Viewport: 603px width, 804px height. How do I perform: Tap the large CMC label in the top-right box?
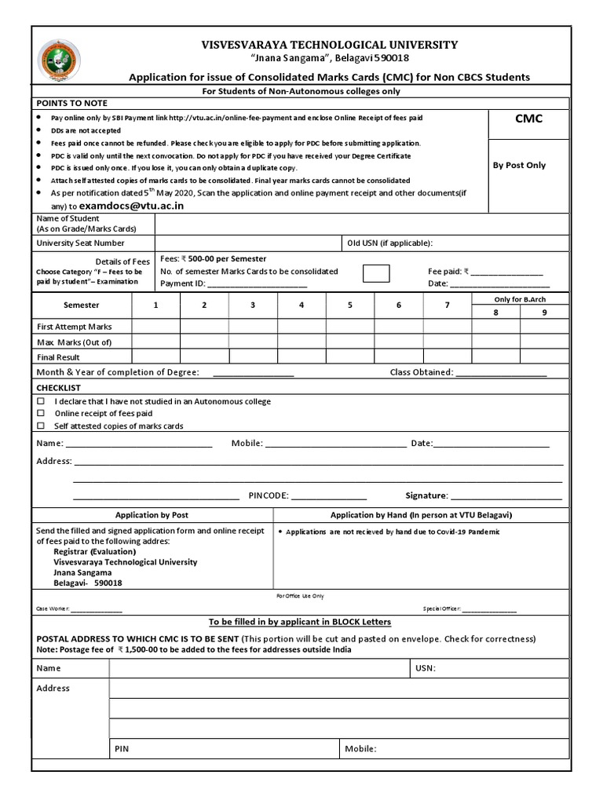click(x=528, y=119)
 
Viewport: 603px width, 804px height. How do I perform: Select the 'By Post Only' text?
click(x=519, y=166)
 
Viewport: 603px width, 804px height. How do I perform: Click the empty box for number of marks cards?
click(x=376, y=272)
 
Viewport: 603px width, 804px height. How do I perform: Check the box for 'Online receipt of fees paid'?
click(x=42, y=414)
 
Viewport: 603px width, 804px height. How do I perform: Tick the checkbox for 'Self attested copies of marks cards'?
click(x=42, y=426)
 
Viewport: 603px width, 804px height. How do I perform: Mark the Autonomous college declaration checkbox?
click(x=42, y=401)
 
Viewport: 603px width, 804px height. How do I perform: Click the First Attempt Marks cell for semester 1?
click(x=155, y=327)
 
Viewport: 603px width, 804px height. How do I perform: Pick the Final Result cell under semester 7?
click(x=447, y=356)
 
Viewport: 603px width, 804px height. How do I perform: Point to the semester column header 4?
click(x=301, y=305)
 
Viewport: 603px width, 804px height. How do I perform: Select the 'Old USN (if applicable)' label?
click(x=389, y=243)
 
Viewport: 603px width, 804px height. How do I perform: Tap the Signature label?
click(x=426, y=496)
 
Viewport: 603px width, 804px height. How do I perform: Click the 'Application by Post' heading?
click(x=152, y=515)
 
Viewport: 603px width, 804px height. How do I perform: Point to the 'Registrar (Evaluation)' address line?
click(x=89, y=551)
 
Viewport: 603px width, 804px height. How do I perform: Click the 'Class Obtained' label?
click(x=421, y=372)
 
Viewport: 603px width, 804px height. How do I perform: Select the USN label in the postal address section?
click(x=425, y=668)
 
